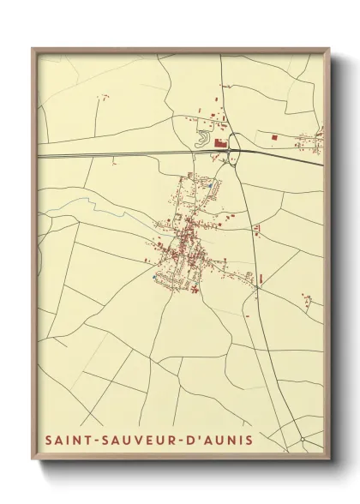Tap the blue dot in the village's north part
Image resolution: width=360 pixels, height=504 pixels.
click(210, 184)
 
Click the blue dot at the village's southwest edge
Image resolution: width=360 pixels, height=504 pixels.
click(154, 277)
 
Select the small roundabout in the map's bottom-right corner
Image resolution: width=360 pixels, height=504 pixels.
click(302, 440)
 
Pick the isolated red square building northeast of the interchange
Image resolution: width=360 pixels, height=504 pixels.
click(273, 136)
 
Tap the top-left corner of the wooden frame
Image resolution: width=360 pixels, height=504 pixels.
click(33, 49)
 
